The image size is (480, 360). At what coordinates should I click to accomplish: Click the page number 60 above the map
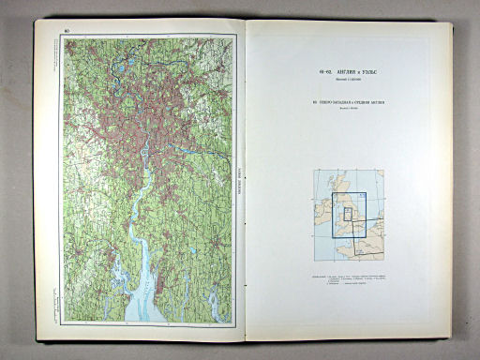pyautogui.click(x=66, y=32)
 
